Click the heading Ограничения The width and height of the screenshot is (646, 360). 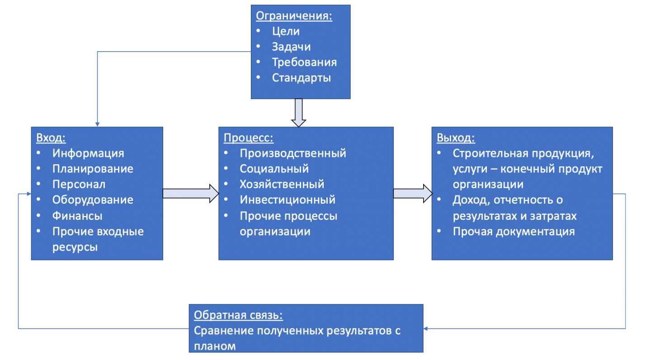pos(294,17)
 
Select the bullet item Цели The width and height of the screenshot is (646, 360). pos(286,31)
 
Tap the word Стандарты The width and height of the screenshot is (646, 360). pos(301,78)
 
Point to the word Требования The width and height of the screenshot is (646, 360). pos(304,62)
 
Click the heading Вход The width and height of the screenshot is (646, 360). pos(51,137)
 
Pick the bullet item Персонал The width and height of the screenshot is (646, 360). pos(79,185)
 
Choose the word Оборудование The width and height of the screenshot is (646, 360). pos(92,200)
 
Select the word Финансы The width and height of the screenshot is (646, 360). pos(77,216)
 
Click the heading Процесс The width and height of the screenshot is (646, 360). pos(249,137)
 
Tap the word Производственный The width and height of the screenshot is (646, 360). pos(292,153)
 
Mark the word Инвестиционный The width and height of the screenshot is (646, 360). pos(287,199)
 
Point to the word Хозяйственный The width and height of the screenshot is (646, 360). pos(282,184)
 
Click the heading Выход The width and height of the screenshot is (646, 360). pos(456,137)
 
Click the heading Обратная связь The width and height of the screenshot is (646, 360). pos(238,315)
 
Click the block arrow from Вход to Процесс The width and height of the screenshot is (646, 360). pos(190,193)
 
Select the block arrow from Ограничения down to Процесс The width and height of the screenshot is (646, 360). pos(298,112)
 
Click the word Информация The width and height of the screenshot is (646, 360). pos(88,153)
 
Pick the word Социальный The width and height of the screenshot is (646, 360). pos(274,169)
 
